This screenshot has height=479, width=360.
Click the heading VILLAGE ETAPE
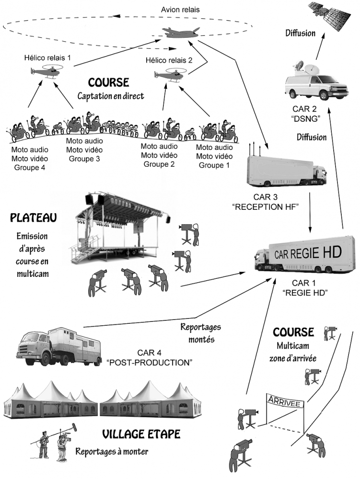[x=141, y=434]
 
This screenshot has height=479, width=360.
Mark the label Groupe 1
[x=214, y=165]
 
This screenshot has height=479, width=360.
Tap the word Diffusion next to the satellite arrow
[x=300, y=34]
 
